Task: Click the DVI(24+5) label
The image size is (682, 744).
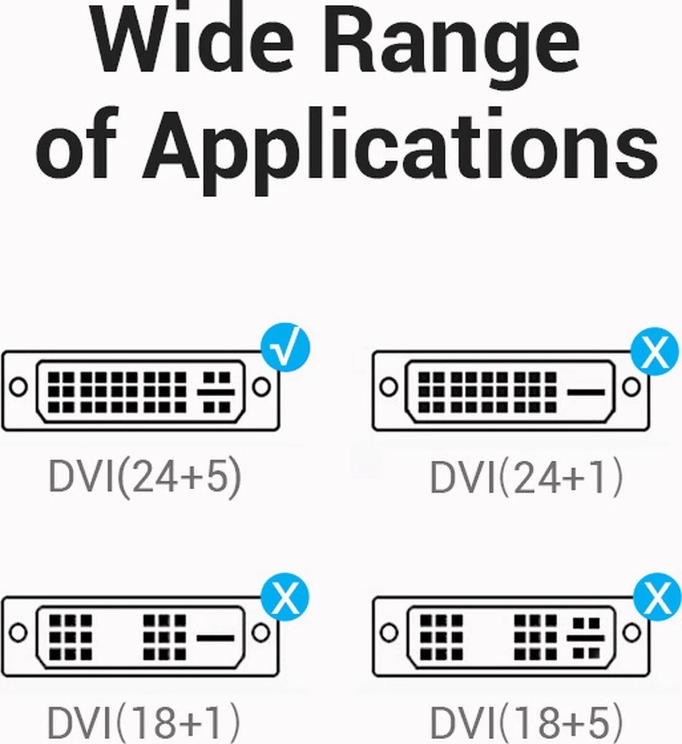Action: click(145, 477)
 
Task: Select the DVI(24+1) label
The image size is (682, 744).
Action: click(526, 478)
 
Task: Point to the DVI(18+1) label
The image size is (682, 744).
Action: click(143, 722)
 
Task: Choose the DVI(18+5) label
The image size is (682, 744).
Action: click(526, 722)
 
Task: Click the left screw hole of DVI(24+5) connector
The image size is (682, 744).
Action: click(19, 386)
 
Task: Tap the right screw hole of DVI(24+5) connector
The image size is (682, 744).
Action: click(262, 386)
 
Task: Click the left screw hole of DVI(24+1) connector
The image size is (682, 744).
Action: click(388, 387)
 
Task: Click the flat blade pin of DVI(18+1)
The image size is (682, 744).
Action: click(215, 637)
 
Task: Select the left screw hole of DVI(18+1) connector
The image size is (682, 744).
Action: click(19, 633)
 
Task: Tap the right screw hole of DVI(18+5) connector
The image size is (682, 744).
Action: click(632, 633)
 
